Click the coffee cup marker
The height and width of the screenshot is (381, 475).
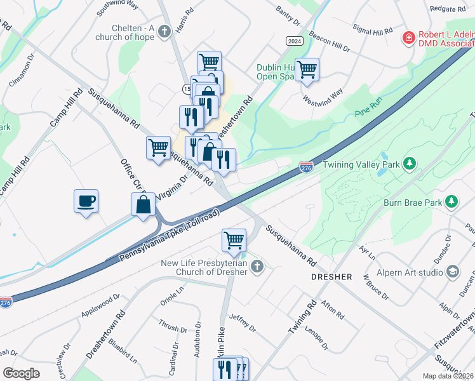[x=86, y=202]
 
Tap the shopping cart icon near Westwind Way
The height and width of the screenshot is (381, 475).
[x=307, y=70]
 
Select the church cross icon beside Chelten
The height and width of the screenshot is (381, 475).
[x=164, y=30]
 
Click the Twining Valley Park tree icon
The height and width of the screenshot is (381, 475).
[x=410, y=164]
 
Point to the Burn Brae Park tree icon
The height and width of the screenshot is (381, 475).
[x=452, y=202]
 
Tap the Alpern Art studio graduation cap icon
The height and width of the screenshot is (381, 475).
[x=453, y=272]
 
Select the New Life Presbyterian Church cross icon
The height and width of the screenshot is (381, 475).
[x=257, y=266]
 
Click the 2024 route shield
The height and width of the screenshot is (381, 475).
[x=294, y=41]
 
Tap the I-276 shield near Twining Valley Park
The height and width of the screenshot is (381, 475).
[x=306, y=166]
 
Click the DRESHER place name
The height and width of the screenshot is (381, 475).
[x=331, y=277]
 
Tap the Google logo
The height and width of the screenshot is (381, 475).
[x=21, y=373]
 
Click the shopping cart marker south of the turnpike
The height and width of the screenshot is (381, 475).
[x=234, y=241]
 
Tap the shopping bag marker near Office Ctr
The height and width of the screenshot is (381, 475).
[x=144, y=205]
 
